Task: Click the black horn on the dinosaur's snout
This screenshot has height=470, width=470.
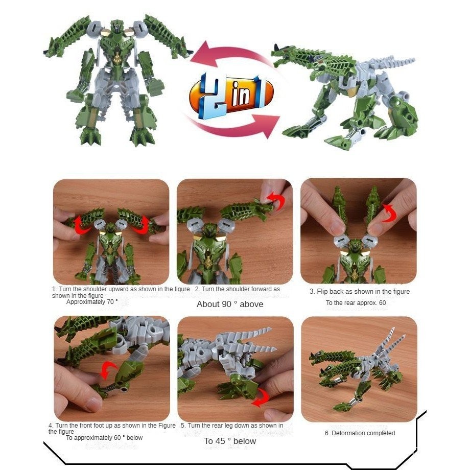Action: (276, 48)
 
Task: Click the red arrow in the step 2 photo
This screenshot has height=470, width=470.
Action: (276, 200)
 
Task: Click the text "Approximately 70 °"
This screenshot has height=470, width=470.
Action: (92, 302)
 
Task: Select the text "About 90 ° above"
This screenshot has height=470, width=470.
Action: (230, 304)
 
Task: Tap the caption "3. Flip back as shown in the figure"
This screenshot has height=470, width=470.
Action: (360, 291)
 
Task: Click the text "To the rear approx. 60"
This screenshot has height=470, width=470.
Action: (356, 303)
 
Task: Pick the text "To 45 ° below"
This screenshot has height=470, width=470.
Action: (230, 441)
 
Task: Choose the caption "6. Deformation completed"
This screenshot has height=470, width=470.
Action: (360, 433)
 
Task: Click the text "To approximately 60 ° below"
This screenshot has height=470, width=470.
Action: (104, 438)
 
